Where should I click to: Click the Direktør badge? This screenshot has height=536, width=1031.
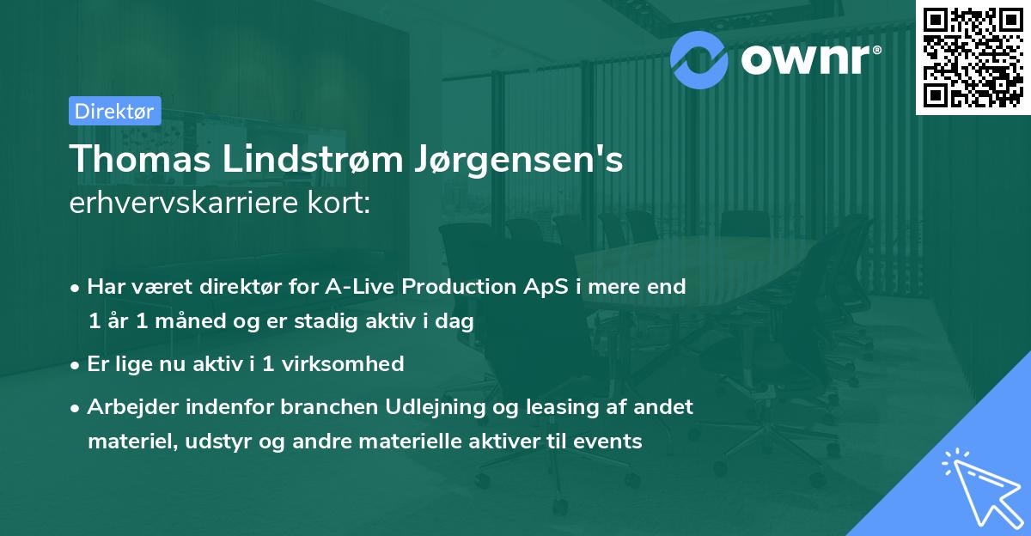114,111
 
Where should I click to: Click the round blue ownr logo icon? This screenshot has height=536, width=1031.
699,58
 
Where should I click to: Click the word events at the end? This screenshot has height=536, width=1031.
610,442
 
